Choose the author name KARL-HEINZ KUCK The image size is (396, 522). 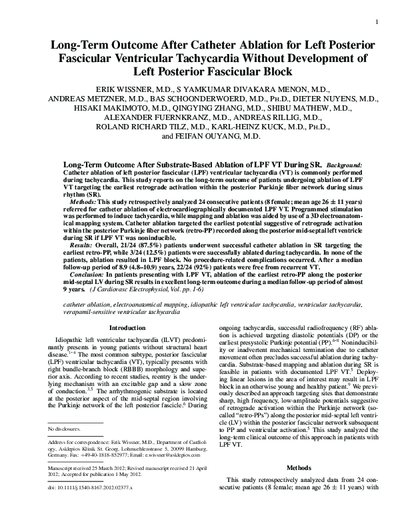257,126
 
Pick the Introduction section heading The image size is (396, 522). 127,329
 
